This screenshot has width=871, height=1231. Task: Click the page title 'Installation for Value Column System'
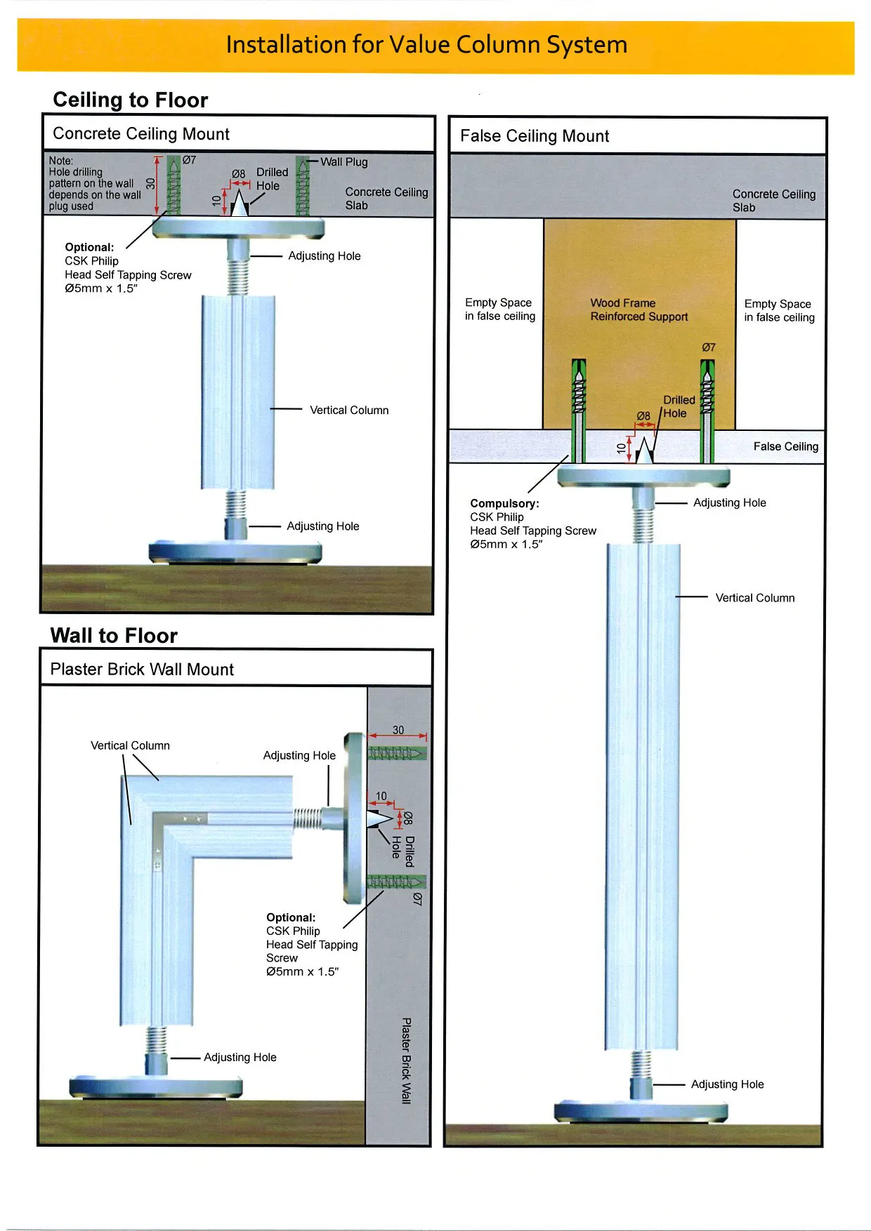426,45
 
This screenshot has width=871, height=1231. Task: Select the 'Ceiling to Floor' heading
131,100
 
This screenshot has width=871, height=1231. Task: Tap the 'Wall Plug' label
344,162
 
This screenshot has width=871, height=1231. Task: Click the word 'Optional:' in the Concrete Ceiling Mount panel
89,247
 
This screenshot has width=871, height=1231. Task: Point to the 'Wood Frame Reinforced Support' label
638,310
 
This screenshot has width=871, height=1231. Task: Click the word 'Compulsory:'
504,503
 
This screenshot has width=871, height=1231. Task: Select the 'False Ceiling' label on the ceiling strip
785,446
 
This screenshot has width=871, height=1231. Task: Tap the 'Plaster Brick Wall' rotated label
406,1060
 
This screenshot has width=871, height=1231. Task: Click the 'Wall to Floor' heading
114,636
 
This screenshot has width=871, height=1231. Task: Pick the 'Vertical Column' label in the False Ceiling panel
754,598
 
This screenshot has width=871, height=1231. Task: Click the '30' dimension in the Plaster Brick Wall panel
398,730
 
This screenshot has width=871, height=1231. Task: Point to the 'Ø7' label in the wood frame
709,347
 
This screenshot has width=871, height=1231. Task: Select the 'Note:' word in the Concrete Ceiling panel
61,161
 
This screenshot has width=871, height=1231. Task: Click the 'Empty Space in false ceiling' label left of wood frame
499,310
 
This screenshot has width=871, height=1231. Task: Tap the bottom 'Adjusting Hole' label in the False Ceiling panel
727,1084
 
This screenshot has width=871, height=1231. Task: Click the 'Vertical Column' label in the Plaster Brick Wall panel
130,745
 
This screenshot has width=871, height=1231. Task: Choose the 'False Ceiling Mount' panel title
535,136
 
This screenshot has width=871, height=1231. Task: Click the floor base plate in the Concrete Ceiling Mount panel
236,552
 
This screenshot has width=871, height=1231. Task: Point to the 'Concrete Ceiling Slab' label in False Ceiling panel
773,201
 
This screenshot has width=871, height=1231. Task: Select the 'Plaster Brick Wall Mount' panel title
142,670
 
